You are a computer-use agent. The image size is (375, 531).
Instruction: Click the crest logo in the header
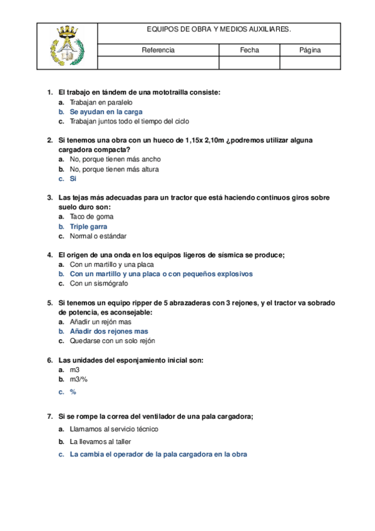pos(67,46)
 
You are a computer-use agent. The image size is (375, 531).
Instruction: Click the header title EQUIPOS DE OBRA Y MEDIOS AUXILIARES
pos(219,29)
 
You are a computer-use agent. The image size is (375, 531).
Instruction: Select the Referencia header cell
pos(158,50)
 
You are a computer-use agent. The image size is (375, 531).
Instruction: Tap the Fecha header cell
pos(249,50)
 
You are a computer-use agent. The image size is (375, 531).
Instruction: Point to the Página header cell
pos(310,50)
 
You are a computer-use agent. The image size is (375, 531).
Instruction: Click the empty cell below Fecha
pos(249,63)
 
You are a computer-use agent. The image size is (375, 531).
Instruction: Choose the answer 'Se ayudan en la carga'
pos(106,111)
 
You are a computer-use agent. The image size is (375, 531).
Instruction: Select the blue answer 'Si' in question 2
pos(73,178)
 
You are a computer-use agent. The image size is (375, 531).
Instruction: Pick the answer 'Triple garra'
pos(88,226)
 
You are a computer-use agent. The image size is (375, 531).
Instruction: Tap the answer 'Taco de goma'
pos(91,217)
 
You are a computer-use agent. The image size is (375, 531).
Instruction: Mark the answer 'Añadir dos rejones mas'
pos(109,331)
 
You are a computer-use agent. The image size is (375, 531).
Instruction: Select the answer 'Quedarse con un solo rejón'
pos(112,341)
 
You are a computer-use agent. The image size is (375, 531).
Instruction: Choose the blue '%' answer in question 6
pos(73,392)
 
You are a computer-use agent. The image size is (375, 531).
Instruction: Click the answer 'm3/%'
pos(78,379)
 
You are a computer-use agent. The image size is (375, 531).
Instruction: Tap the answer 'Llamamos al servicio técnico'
pos(114,429)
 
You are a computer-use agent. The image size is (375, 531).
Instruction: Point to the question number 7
pos(49,416)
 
